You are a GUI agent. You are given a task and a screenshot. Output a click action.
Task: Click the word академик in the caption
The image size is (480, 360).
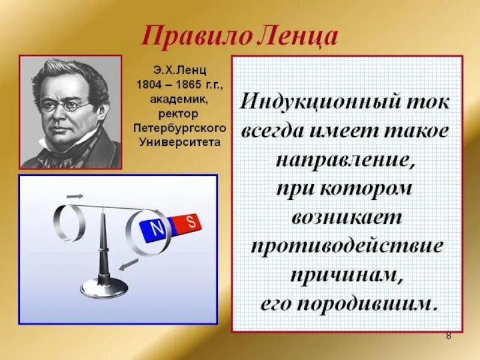tap(179, 98)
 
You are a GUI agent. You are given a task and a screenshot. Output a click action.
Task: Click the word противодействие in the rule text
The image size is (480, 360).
tap(346, 246)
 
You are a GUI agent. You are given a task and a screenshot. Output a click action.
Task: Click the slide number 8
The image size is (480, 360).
tap(448, 335)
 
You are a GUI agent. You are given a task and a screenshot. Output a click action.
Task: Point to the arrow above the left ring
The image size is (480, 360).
tap(74, 195)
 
